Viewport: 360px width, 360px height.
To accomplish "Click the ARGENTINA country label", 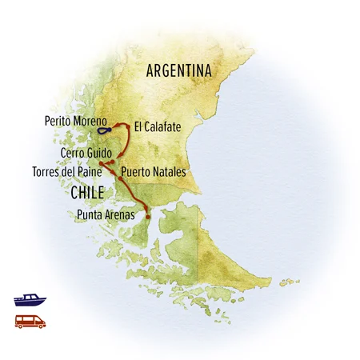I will pyautogui.click(x=179, y=71).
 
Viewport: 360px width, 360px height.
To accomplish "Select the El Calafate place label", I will pyautogui.click(x=159, y=126).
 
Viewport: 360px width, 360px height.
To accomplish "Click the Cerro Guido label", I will pyautogui.click(x=85, y=152).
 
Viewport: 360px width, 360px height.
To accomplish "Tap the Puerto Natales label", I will pyautogui.click(x=154, y=172).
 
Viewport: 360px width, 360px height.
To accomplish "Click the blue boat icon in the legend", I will pyautogui.click(x=30, y=300).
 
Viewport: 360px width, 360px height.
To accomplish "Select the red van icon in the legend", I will pyautogui.click(x=30, y=322).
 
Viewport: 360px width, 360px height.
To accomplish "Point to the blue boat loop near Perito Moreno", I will pyautogui.click(x=104, y=130).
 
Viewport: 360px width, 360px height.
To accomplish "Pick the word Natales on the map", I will pyautogui.click(x=168, y=172).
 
